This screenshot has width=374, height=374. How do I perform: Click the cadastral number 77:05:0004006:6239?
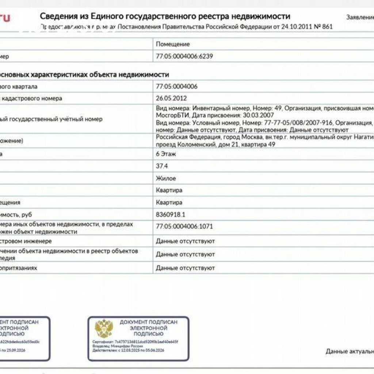tap(184, 56)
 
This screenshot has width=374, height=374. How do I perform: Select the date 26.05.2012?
tap(171, 98)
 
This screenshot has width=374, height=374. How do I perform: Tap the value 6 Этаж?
tap(166, 154)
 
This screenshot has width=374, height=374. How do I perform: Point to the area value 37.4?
tap(162, 166)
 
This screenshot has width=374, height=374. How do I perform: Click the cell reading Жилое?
tap(166, 178)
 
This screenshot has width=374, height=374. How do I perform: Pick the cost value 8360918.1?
tap(171, 214)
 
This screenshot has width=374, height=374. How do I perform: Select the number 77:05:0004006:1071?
tap(184, 226)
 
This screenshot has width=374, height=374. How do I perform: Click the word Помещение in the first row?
tap(173, 44)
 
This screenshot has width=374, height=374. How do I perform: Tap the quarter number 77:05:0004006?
tap(177, 87)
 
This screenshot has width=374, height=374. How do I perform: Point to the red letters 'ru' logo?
tap(5, 17)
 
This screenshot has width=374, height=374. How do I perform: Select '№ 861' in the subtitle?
tap(323, 27)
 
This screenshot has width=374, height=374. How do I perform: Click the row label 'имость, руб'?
tap(18, 214)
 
